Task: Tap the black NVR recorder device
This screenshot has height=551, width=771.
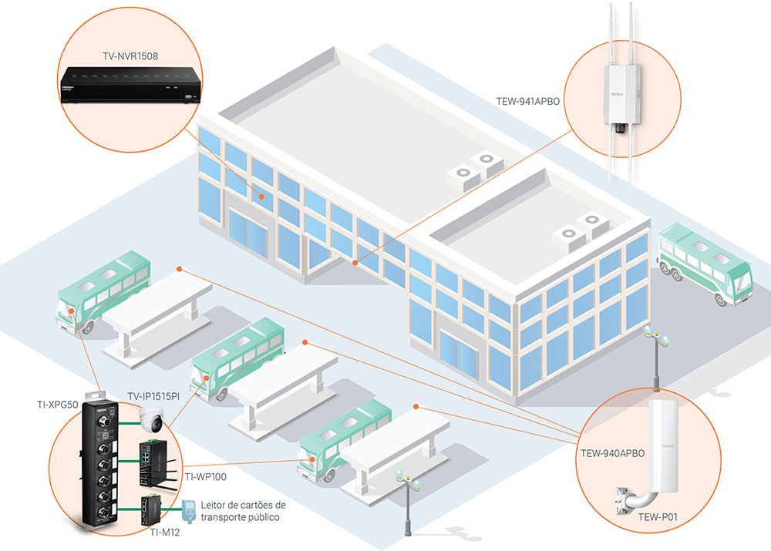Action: point(130,85)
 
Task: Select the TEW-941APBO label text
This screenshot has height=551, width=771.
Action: point(529,100)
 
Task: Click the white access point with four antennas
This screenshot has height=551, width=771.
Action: point(623,96)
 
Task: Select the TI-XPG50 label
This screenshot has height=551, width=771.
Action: point(59,404)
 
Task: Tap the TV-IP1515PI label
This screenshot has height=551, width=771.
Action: point(153,396)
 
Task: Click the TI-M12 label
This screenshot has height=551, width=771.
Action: point(165,532)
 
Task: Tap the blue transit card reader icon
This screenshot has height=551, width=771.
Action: point(187,508)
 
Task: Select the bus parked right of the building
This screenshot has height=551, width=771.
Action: point(703,264)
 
